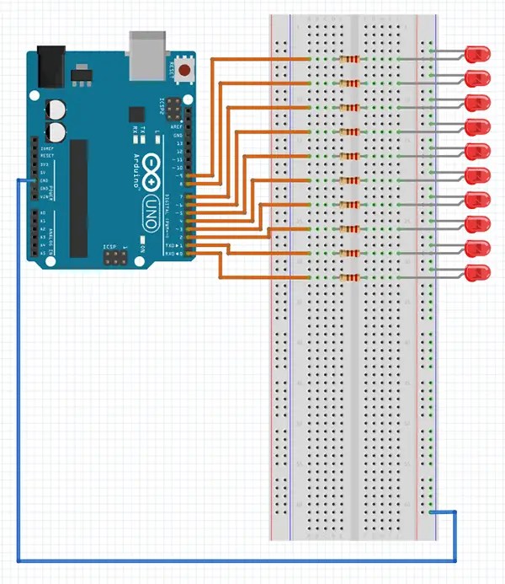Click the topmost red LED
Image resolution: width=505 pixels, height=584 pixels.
[x=478, y=54]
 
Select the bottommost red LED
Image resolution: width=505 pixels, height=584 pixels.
[x=478, y=273]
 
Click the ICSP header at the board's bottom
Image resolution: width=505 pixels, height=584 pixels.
[x=112, y=258]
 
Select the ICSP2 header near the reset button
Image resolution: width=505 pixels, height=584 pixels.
[x=173, y=109]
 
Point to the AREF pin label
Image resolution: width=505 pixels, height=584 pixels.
[x=178, y=126]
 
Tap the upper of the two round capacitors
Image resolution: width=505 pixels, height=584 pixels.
[x=55, y=109]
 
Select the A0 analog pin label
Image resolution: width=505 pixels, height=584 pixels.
[x=42, y=213]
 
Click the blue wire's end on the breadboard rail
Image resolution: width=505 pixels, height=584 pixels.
[x=432, y=511]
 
